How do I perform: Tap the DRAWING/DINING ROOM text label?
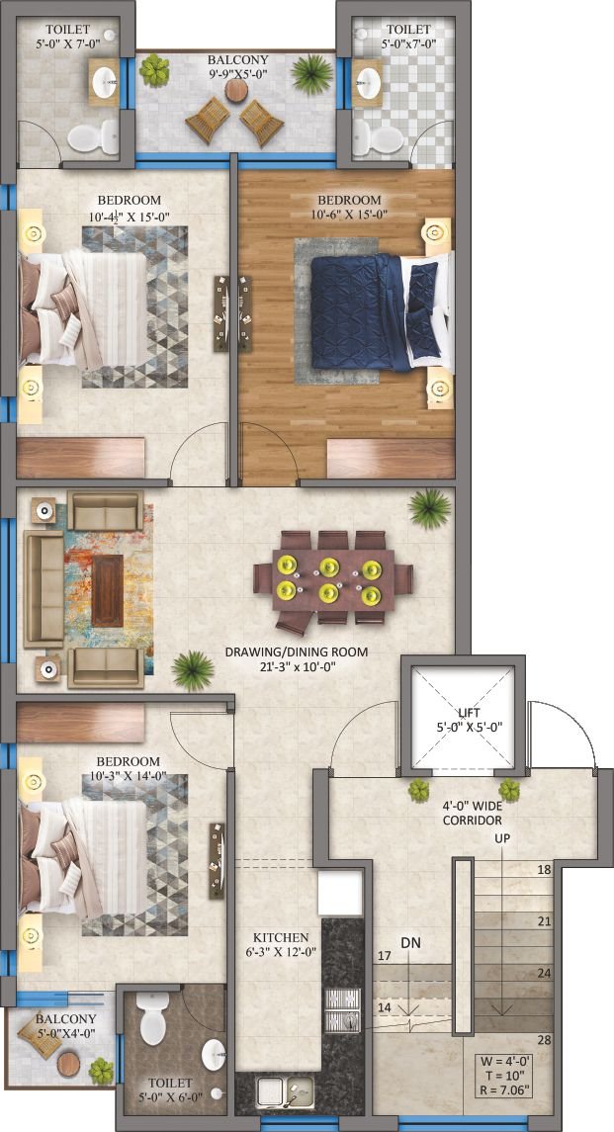(297, 652)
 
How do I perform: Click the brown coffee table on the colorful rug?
(108, 580)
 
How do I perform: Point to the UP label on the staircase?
(501, 838)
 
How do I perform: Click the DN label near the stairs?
(411, 942)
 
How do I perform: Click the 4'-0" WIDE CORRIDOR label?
(472, 815)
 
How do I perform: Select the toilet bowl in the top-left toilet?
(93, 136)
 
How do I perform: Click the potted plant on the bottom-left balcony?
(102, 1071)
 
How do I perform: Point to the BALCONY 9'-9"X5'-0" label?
(237, 66)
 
